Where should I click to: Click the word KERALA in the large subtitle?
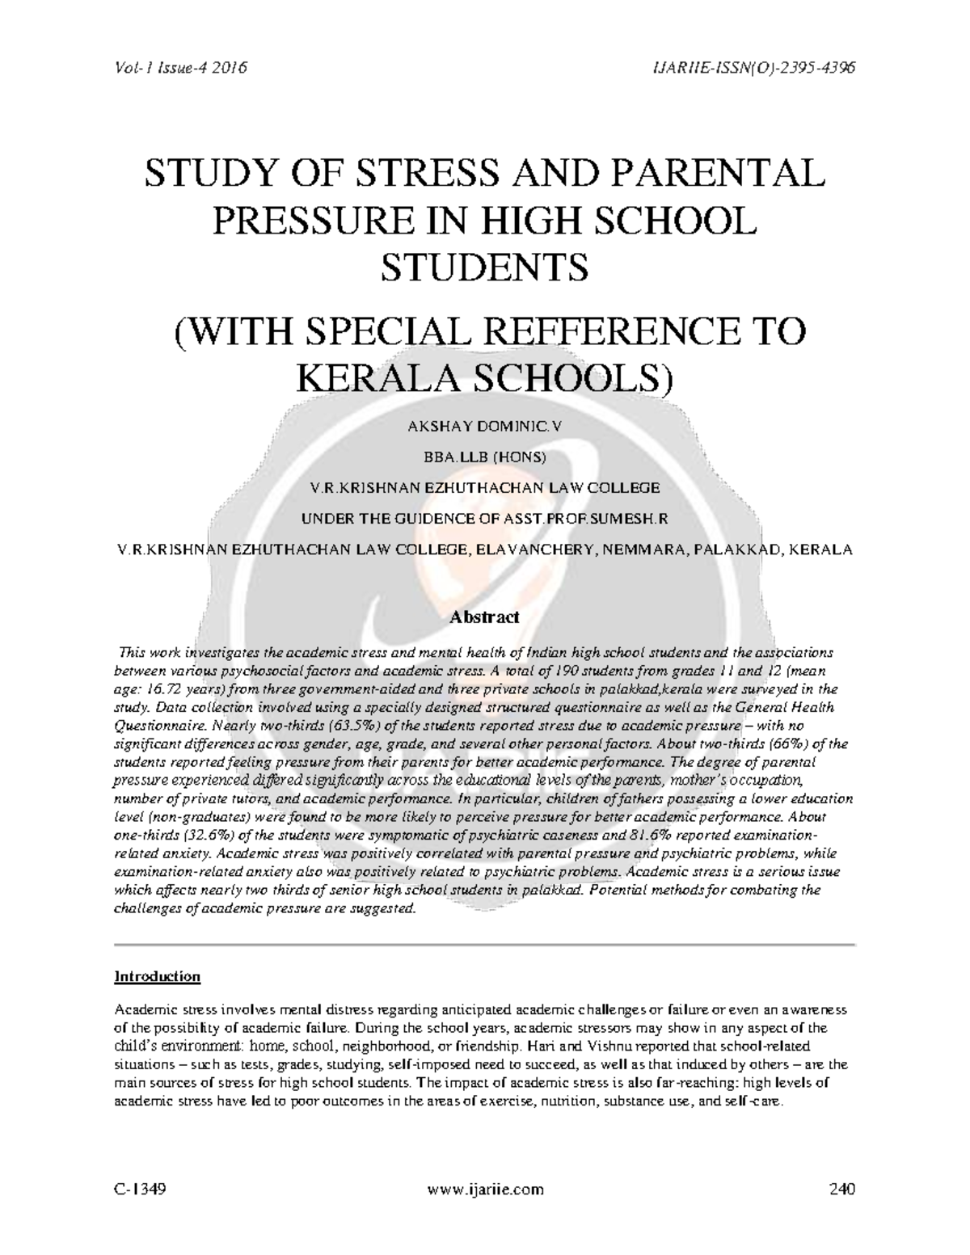(377, 377)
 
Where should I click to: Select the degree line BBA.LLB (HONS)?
(484, 457)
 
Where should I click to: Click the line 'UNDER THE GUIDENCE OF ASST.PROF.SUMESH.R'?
(484, 518)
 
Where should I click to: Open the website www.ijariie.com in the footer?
(484, 1189)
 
